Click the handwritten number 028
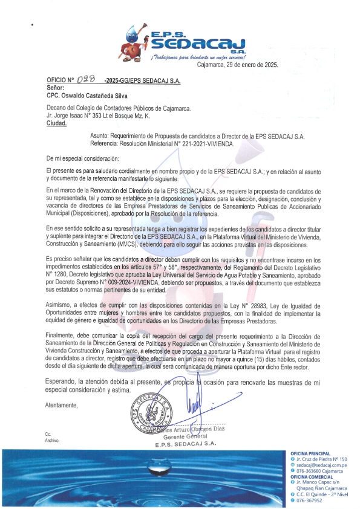pyautogui.click(x=87, y=80)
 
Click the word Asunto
pyautogui.click(x=99, y=138)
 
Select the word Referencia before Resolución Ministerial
pyautogui.click(x=106, y=145)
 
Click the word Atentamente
pyautogui.click(x=62, y=388)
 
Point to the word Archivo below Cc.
pyautogui.click(x=52, y=441)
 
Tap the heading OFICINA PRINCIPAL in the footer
pyautogui.click(x=311, y=453)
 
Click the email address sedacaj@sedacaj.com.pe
pyautogui.click(x=317, y=466)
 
